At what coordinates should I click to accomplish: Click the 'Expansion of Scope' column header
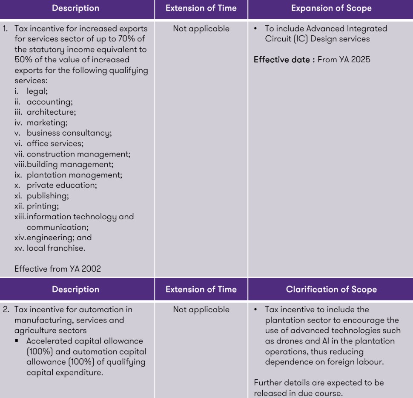(331, 8)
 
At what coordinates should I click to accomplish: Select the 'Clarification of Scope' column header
(331, 289)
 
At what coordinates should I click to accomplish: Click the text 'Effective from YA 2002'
(58, 269)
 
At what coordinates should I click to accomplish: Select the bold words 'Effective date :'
(284, 60)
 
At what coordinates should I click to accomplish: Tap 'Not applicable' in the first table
(201, 29)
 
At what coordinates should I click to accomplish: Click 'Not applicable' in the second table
(201, 310)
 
